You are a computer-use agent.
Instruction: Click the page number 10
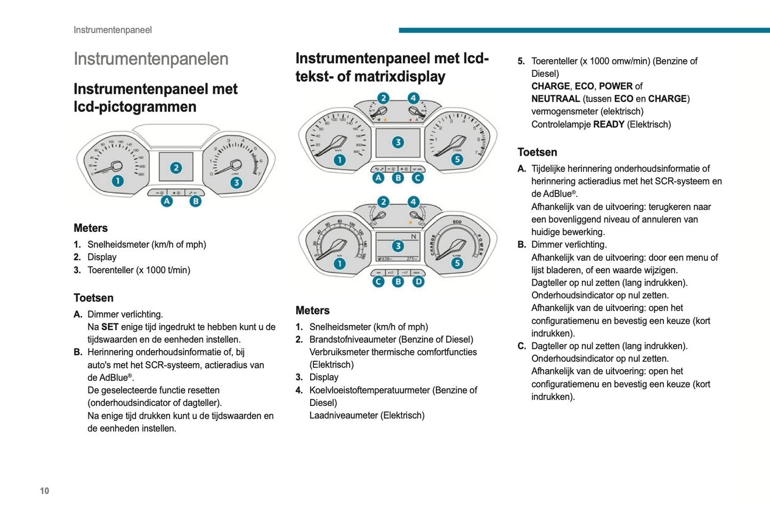pos(44,491)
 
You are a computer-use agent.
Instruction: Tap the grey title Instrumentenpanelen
pos(151,59)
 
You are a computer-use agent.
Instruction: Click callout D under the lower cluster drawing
pos(418,281)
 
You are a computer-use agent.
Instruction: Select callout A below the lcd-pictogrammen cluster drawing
pos(167,201)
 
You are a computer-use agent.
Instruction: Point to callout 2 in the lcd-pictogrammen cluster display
pos(176,168)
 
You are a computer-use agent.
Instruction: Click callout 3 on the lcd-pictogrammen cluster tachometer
pos(236,183)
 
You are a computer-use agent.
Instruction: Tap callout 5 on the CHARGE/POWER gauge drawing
pos(457,263)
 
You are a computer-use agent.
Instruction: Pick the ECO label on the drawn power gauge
pos(457,222)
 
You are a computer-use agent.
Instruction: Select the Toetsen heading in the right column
pos(537,152)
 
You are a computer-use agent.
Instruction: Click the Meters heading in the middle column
pos(312,311)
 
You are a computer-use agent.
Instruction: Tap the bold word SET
pos(110,327)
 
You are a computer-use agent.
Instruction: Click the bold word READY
pos(609,124)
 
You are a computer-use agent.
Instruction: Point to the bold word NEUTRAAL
pos(555,99)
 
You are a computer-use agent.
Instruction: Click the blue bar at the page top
pos(584,30)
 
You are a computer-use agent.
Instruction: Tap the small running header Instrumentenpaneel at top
pos(112,30)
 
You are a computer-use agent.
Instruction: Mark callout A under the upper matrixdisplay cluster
pos(378,177)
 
